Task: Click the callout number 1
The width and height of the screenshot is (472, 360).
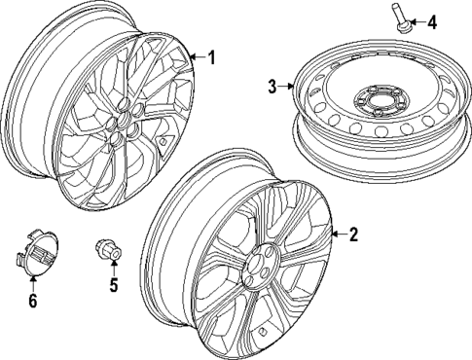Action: click(211, 57)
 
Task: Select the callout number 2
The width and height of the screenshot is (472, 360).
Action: click(353, 234)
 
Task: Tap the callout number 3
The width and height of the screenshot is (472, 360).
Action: click(273, 88)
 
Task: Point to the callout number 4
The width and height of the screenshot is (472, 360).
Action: click(432, 21)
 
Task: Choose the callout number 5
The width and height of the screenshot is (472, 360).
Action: click(113, 288)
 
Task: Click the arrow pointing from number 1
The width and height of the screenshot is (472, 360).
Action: click(198, 57)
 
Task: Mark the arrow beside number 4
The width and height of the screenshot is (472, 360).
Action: click(418, 21)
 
